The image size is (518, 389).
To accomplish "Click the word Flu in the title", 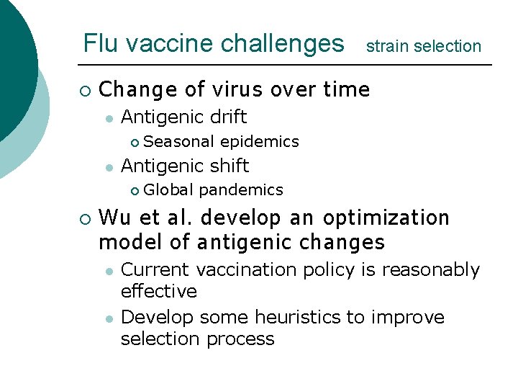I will tap(98, 44).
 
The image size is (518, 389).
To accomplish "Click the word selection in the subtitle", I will tap(447, 47).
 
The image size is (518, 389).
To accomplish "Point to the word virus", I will tap(239, 90).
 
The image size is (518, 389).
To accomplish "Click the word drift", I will tap(225, 117).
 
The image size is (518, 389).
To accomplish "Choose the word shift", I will tap(227, 166).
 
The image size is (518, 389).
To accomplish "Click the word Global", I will tap(168, 190).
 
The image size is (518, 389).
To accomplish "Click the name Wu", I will tap(112, 218).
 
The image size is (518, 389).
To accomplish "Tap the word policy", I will tap(336, 270).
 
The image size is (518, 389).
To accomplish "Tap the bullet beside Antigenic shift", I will tap(108, 167).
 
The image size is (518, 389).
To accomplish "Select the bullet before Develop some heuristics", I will tap(108, 318).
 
